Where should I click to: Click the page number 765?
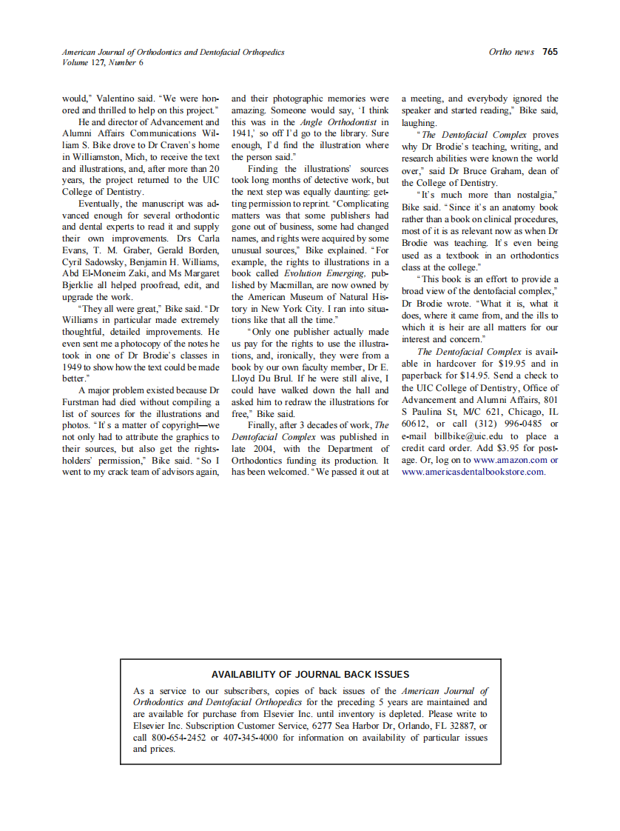[550, 52]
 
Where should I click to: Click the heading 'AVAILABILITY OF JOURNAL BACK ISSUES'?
[310, 674]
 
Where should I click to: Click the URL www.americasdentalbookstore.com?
[474, 472]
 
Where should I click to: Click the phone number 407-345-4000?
[248, 738]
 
